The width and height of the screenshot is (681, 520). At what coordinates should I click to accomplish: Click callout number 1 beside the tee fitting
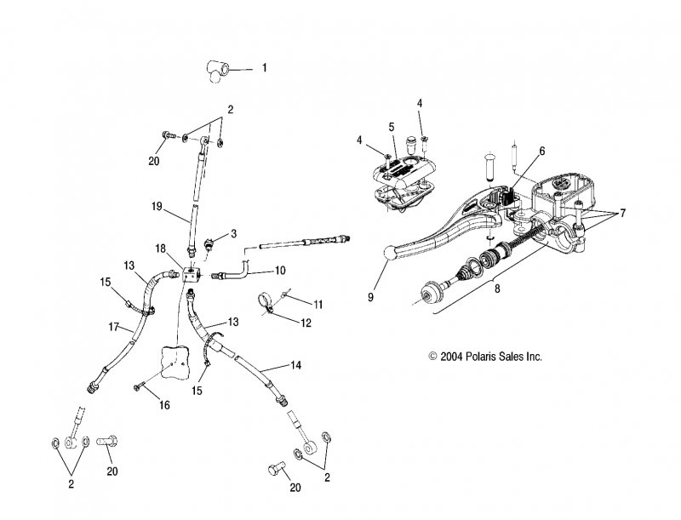point(264,68)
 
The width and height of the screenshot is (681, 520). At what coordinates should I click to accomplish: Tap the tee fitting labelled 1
point(217,71)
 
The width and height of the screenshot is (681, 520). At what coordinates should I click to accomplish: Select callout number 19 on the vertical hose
point(157,207)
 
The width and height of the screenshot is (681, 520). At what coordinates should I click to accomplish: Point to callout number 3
point(233,233)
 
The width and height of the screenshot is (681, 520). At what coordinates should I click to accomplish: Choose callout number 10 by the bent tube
point(280,271)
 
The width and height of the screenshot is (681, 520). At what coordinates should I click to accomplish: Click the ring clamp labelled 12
point(266,301)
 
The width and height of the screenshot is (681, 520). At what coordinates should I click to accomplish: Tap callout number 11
point(318,305)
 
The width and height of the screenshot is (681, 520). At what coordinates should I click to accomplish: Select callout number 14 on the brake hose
point(295,365)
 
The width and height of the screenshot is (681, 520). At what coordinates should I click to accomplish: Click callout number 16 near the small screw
point(164,405)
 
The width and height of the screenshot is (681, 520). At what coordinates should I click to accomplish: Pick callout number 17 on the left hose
point(113,327)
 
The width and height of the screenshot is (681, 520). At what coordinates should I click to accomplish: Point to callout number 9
point(370,298)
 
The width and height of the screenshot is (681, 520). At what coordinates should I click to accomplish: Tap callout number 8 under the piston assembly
point(497,289)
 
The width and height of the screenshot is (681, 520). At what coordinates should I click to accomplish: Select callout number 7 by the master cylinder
point(623,213)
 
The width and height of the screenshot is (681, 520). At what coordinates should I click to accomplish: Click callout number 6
point(541,151)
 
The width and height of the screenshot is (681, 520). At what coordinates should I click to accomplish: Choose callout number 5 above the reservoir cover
point(392,127)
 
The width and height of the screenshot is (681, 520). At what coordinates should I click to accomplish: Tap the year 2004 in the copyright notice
point(452,357)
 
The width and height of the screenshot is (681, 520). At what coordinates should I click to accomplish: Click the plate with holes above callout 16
point(176,360)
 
